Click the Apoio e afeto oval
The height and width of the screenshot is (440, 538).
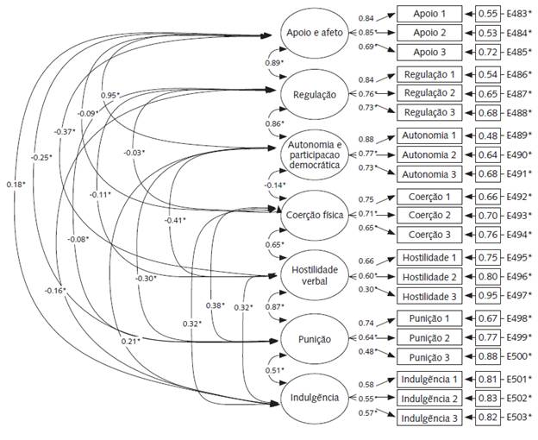pyautogui.click(x=316, y=34)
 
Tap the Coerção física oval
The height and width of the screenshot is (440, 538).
pyautogui.click(x=316, y=215)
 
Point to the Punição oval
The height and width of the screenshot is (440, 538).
pyautogui.click(x=316, y=339)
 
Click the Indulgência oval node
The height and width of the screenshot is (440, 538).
pyautogui.click(x=316, y=397)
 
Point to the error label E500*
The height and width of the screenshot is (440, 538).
pyautogui.click(x=518, y=355)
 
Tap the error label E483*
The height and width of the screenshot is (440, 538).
pyautogui.click(x=518, y=15)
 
